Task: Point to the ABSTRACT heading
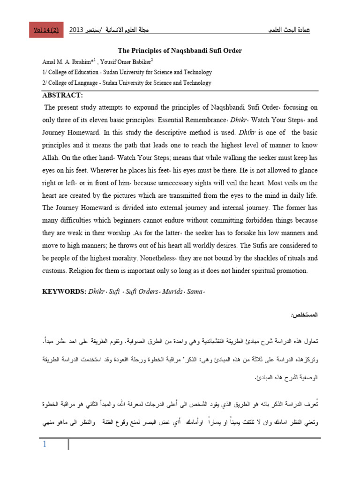(63, 96)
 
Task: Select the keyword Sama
(194, 292)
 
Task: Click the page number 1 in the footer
(45, 445)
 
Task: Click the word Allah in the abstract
(52, 158)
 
